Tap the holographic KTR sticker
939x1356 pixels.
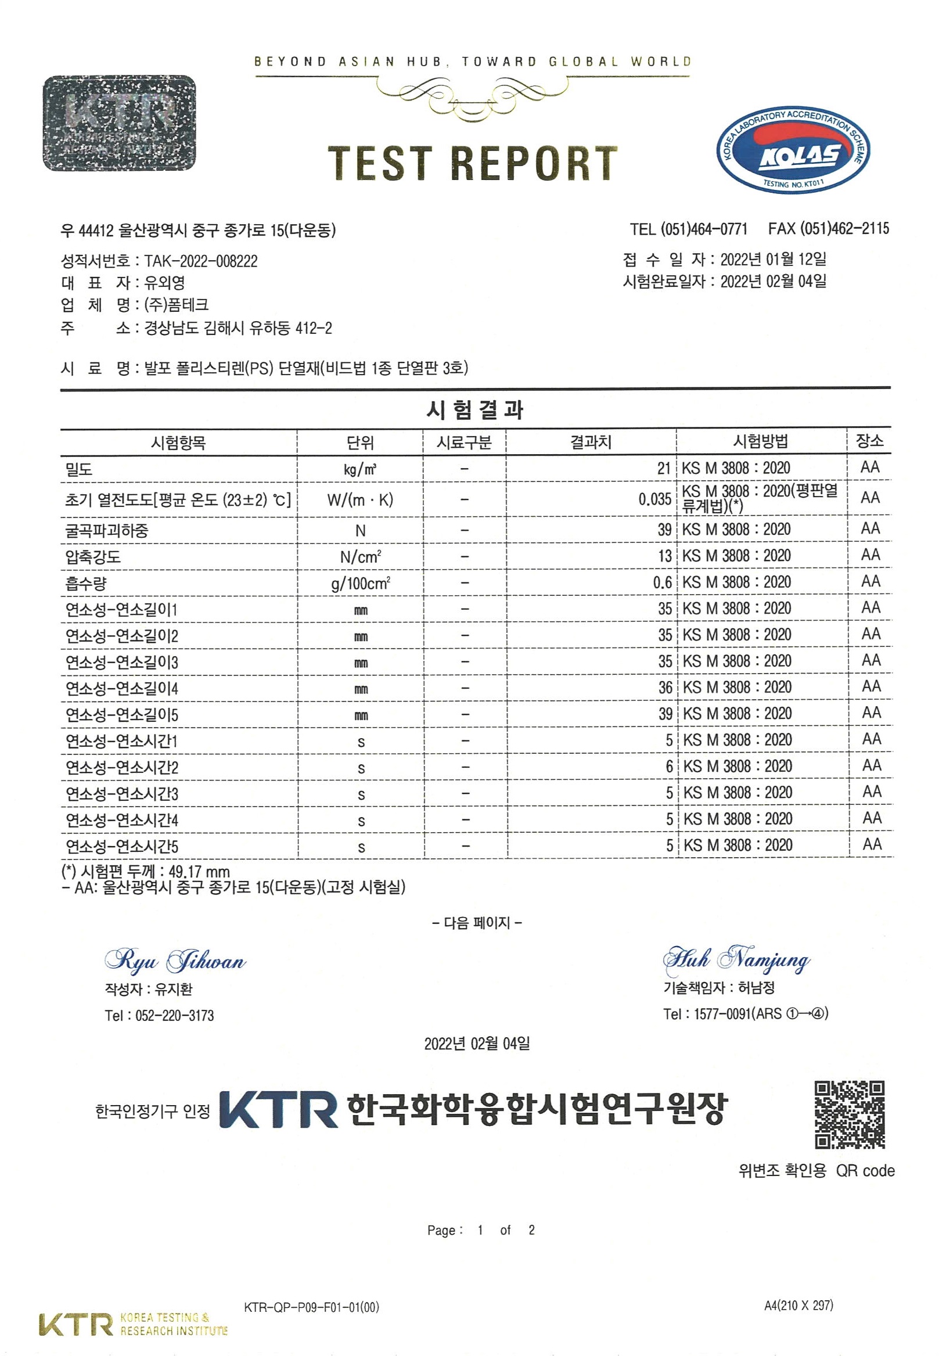tap(120, 123)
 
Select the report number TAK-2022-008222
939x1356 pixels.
tap(200, 261)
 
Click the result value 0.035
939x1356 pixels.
tap(654, 499)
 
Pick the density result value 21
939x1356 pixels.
tap(664, 468)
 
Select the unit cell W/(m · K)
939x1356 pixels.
tap(360, 500)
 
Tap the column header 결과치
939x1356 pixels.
tap(591, 442)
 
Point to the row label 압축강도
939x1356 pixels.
tap(93, 556)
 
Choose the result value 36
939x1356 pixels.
tap(665, 687)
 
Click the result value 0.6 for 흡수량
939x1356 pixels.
tap(662, 582)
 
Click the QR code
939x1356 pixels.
tap(849, 1115)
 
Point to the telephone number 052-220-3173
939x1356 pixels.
tap(175, 1015)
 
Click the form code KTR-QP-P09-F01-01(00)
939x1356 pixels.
tap(311, 1307)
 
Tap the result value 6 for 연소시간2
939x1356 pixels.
tap(669, 766)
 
